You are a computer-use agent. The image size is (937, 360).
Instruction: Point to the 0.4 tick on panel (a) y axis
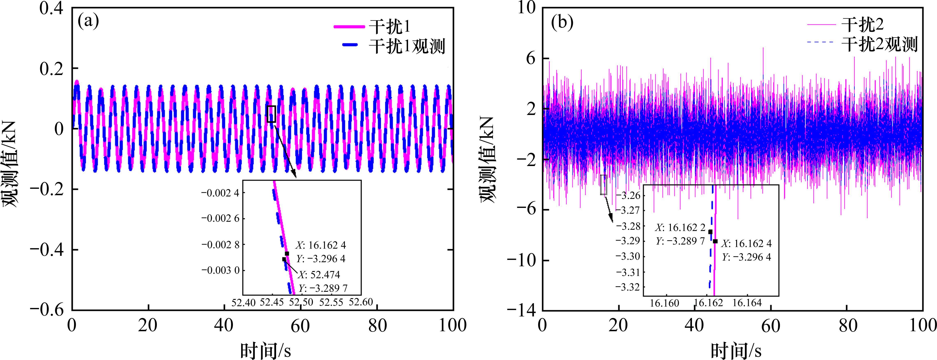[51, 8]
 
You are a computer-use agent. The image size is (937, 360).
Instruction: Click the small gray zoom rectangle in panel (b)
[603, 185]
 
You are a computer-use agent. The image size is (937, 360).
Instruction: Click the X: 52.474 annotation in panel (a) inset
[319, 275]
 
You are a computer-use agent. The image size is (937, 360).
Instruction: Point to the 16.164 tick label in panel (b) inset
[747, 303]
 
